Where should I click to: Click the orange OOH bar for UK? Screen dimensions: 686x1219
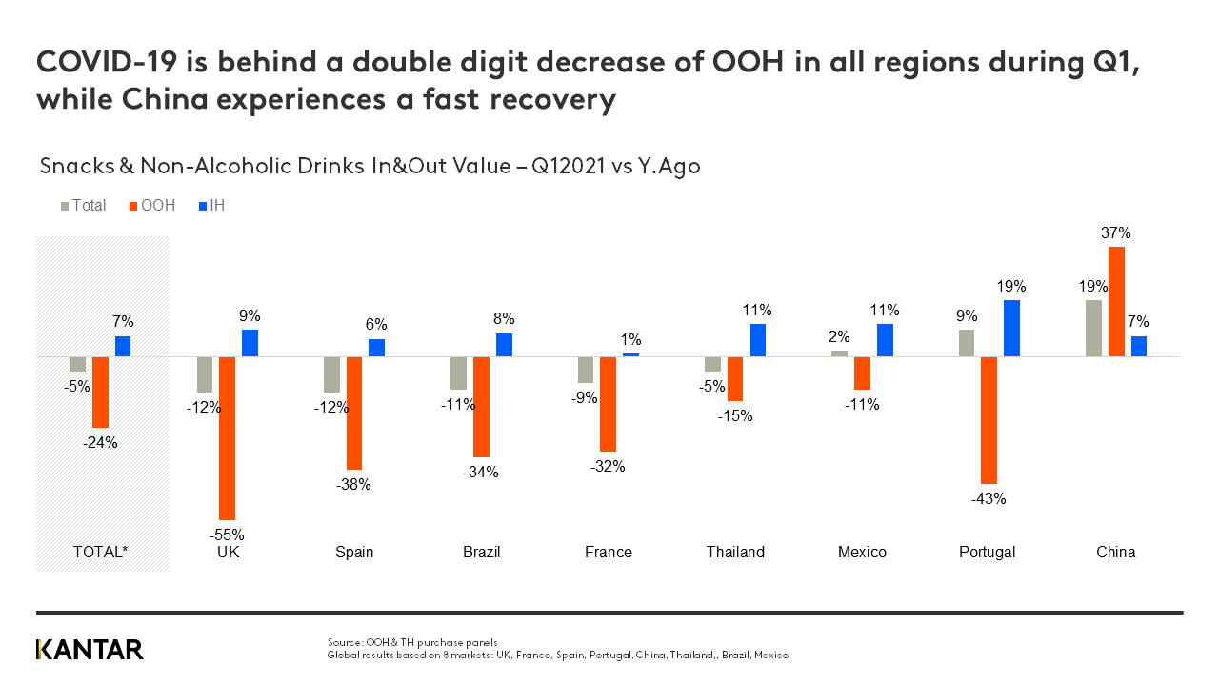point(227,437)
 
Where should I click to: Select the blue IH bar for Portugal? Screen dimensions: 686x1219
point(1011,328)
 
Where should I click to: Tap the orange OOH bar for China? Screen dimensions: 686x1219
point(1116,301)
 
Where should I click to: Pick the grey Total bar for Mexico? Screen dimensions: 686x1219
point(839,353)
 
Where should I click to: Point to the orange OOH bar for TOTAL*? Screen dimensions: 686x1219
point(100,392)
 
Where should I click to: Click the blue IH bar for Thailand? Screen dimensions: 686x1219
point(758,340)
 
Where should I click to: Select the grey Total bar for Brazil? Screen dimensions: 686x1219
point(458,373)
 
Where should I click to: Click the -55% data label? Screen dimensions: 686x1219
point(227,535)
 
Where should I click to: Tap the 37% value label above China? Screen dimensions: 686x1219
point(1116,232)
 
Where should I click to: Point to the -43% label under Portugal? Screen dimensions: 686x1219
point(989,498)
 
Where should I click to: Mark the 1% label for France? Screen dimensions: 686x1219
point(630,340)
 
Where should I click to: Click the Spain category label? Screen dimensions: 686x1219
point(354,553)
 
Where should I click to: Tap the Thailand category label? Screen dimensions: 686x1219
point(735,553)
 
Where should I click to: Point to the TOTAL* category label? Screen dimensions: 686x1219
point(100,553)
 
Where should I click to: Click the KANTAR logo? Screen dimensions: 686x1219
point(90,650)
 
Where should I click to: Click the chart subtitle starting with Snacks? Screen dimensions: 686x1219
point(370,166)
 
